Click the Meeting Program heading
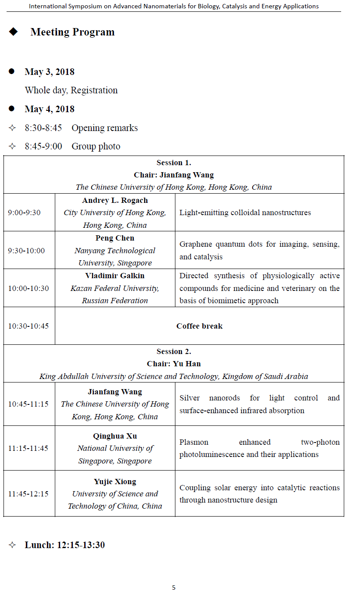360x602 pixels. tap(72, 32)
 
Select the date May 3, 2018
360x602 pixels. tap(50, 72)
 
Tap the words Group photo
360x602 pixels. tap(96, 146)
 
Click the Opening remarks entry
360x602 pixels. tap(104, 128)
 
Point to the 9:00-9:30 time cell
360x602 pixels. tap(24, 212)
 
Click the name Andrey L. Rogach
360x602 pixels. tap(115, 200)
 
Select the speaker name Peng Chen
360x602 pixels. tap(115, 238)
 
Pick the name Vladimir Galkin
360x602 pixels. tap(115, 276)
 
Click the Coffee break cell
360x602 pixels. tap(200, 326)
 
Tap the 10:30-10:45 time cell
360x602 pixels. tap(29, 326)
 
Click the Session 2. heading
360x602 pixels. tap(174, 351)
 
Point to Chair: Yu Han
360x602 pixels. tap(174, 364)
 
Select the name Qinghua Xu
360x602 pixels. tap(115, 436)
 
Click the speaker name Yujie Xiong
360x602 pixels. tap(115, 482)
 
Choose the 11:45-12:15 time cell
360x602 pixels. tap(29, 494)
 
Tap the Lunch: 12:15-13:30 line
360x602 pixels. tap(64, 545)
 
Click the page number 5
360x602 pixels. tap(174, 588)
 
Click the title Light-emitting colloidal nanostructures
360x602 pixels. tap(245, 212)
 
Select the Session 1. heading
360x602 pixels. tap(174, 163)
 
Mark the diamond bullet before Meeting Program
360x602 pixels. tap(13, 32)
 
